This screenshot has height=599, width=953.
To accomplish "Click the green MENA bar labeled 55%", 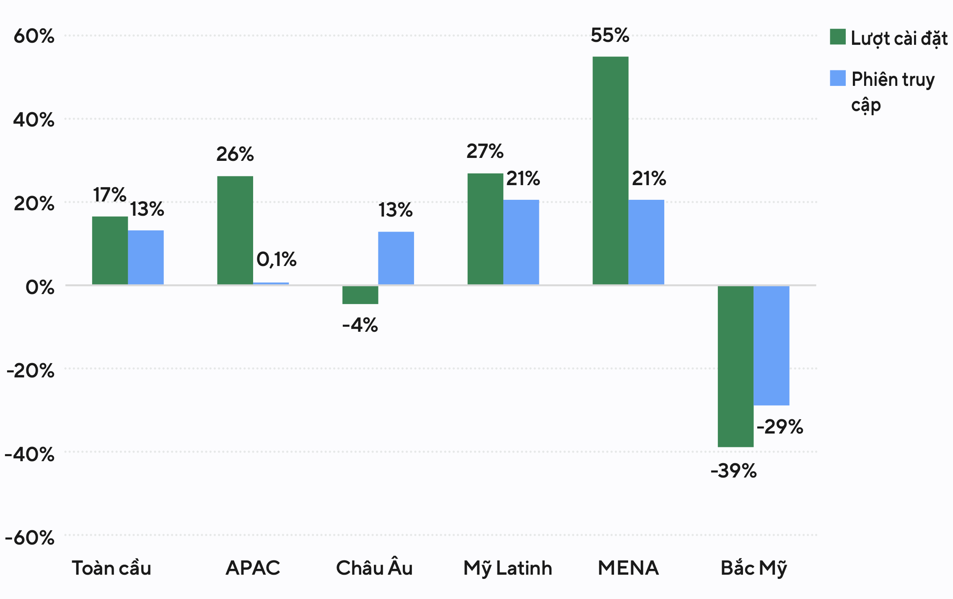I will [610, 170].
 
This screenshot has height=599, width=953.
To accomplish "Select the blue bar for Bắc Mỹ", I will [771, 345].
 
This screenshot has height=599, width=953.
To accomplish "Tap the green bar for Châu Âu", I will [360, 295].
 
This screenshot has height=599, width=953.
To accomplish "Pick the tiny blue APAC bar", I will [271, 284].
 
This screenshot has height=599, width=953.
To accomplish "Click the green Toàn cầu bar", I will [110, 250].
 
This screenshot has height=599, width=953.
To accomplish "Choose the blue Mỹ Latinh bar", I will [521, 242].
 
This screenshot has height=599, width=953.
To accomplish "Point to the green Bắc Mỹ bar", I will [735, 366].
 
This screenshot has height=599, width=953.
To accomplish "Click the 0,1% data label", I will [276, 259].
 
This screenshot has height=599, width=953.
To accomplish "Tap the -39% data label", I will [733, 471].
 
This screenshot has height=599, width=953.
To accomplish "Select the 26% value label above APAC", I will [235, 154].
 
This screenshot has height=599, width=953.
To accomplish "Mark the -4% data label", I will [360, 325].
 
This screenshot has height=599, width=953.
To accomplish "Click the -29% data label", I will [779, 427].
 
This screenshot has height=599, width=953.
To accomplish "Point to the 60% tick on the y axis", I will [34, 36].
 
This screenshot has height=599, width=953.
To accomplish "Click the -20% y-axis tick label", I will [30, 371].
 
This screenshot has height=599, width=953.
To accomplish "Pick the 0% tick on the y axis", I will [40, 287].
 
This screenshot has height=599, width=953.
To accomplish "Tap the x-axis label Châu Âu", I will [374, 568].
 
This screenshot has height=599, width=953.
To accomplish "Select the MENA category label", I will [628, 568].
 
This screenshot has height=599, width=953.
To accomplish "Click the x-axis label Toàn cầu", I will [111, 568].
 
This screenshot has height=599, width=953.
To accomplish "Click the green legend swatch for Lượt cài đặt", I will [837, 37].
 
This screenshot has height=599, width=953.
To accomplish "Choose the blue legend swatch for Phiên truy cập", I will [837, 78].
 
